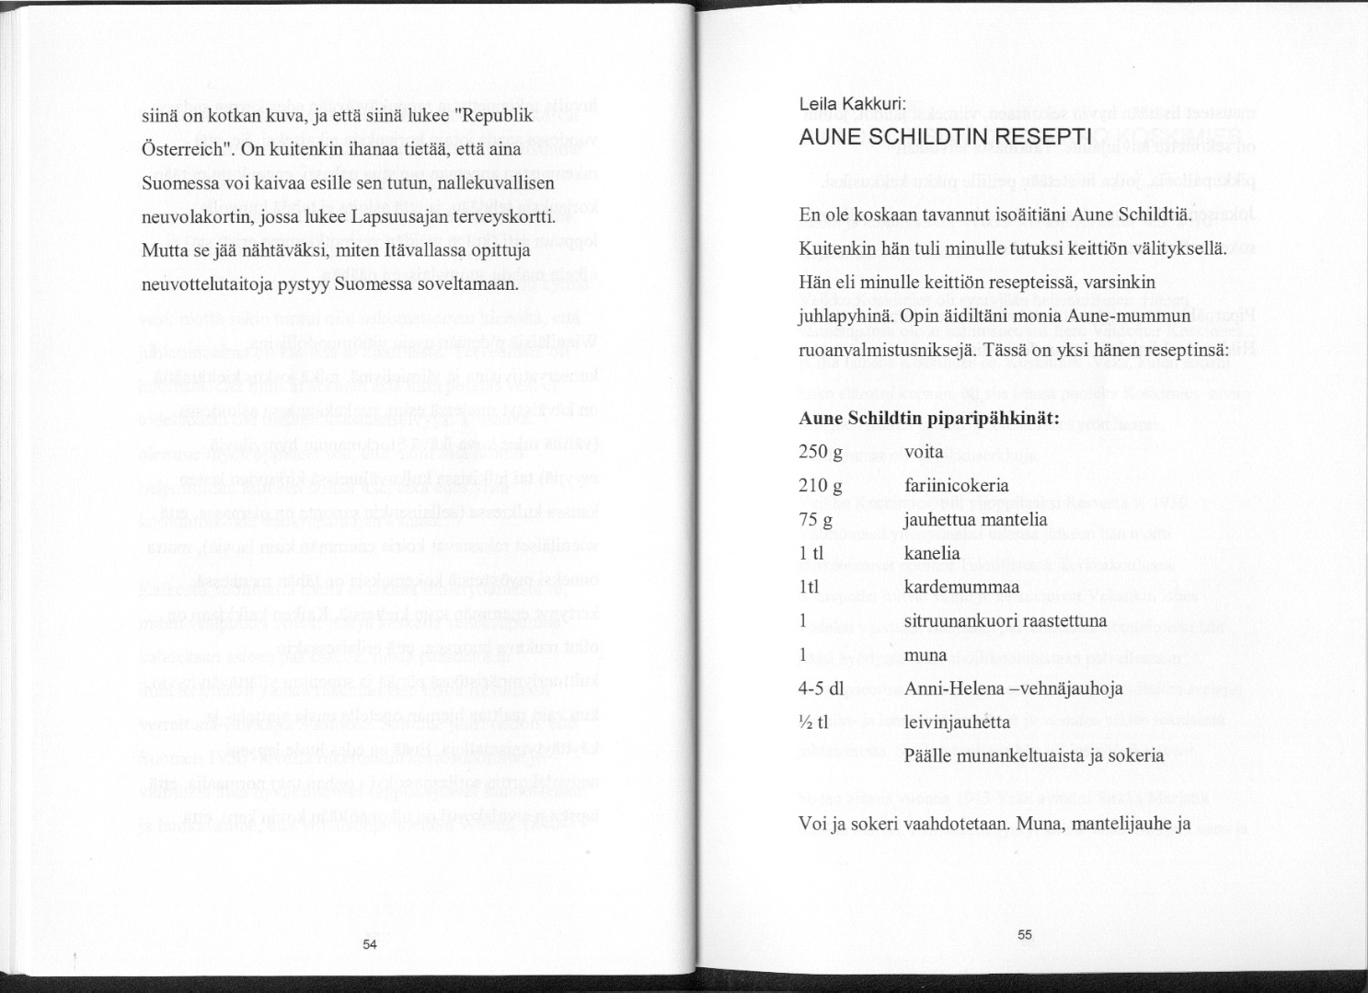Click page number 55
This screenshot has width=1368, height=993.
click(1026, 935)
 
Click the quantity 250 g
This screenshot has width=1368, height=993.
click(821, 452)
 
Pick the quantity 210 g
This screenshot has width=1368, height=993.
click(821, 486)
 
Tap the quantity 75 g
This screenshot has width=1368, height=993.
click(816, 520)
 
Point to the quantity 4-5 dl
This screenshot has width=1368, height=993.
click(822, 688)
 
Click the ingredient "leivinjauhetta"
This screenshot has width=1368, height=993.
click(958, 722)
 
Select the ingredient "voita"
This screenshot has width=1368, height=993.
click(924, 452)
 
